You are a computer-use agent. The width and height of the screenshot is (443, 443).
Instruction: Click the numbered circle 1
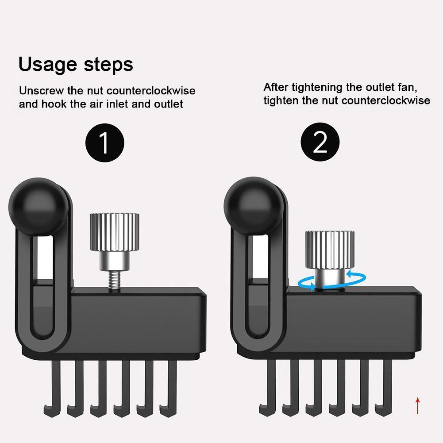(105, 143)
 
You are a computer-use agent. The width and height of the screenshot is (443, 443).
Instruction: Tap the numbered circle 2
(320, 142)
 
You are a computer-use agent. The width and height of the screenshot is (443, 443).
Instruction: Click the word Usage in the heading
(47, 65)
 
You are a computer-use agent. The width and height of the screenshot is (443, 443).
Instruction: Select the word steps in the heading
(108, 65)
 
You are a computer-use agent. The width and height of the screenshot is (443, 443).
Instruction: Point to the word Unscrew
(42, 91)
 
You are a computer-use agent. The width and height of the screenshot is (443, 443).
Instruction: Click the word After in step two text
(276, 87)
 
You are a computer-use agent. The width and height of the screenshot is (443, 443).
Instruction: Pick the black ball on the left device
(39, 207)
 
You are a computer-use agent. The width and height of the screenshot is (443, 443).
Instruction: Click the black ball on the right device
(254, 206)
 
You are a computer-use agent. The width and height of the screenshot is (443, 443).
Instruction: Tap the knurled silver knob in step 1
(115, 231)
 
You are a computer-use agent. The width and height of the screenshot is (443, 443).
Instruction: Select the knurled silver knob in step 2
(330, 250)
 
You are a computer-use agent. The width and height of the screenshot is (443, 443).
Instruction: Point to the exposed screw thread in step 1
(115, 281)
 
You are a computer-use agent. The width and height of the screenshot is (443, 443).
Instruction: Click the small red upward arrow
(418, 405)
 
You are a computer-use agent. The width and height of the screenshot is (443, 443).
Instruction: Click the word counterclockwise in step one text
(151, 91)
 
